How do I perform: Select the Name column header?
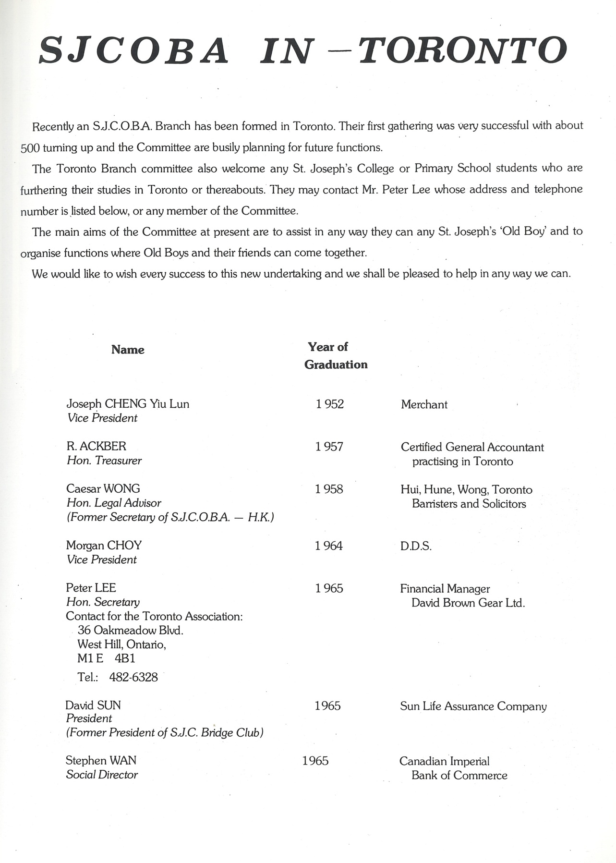pos(128,350)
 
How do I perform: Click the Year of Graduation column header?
pos(336,355)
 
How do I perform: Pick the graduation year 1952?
pos(330,404)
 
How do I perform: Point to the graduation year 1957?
pos(329,447)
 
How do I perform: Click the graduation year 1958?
pos(329,489)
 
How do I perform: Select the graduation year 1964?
pos(329,546)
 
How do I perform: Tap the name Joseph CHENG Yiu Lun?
pos(128,403)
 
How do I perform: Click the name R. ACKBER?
pos(96,446)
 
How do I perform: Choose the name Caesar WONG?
pos(103,488)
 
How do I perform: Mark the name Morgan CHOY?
pos(104,545)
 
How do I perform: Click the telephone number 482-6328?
pos(133,677)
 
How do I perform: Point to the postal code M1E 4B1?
pos(106,658)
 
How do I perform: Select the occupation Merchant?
pos(424,404)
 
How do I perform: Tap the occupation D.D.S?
pos(416,546)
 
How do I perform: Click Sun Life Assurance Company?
pos(473,706)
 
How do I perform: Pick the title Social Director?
pos(102,775)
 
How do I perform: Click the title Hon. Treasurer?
pos(104,461)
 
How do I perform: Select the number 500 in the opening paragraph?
pos(30,148)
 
